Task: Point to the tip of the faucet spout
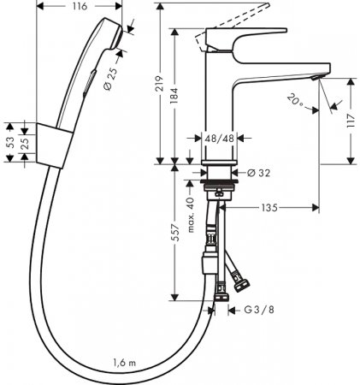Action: tap(317, 77)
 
